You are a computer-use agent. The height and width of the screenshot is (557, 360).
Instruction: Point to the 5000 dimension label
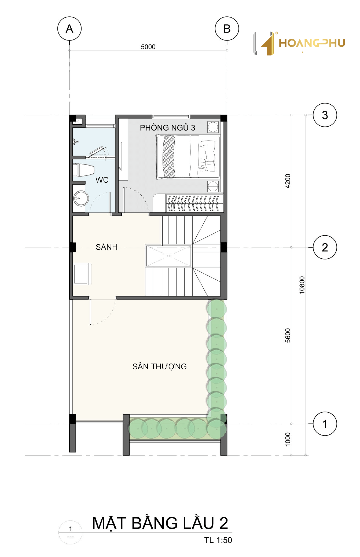point(148,47)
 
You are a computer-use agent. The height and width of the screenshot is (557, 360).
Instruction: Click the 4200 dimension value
point(288,181)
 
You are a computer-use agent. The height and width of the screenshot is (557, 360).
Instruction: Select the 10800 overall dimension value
point(302,285)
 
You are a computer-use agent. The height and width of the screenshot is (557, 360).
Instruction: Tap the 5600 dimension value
point(288,335)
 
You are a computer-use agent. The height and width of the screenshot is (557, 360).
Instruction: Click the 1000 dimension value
point(288,439)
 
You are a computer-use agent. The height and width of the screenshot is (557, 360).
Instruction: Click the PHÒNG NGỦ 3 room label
point(167,128)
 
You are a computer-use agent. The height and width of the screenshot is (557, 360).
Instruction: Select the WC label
point(102,180)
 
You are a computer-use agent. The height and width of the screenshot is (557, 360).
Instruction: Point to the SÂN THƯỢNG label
point(159,366)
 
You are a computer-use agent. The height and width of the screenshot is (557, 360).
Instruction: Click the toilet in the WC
point(84,170)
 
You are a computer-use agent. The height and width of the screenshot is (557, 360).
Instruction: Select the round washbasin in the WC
point(81,199)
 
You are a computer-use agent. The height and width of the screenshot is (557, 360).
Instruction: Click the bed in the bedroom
point(188,157)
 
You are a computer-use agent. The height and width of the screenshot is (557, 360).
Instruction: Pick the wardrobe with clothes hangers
point(194,203)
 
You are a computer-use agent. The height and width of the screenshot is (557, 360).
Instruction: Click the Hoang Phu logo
point(299,43)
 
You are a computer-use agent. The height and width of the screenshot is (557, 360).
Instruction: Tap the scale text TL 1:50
point(218,540)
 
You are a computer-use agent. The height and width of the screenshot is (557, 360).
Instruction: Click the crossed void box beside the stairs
point(168,256)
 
